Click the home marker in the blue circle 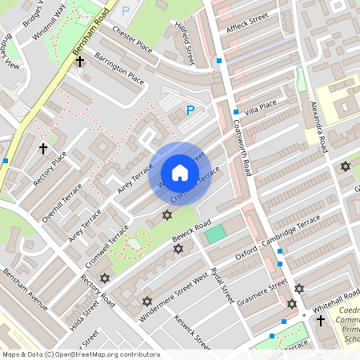179,173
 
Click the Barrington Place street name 119,69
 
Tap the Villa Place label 261,106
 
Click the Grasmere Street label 262,292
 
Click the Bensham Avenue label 24,290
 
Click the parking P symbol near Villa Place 190,110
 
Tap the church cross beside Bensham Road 80,61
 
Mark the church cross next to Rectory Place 43,149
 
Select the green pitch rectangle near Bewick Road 214,234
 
